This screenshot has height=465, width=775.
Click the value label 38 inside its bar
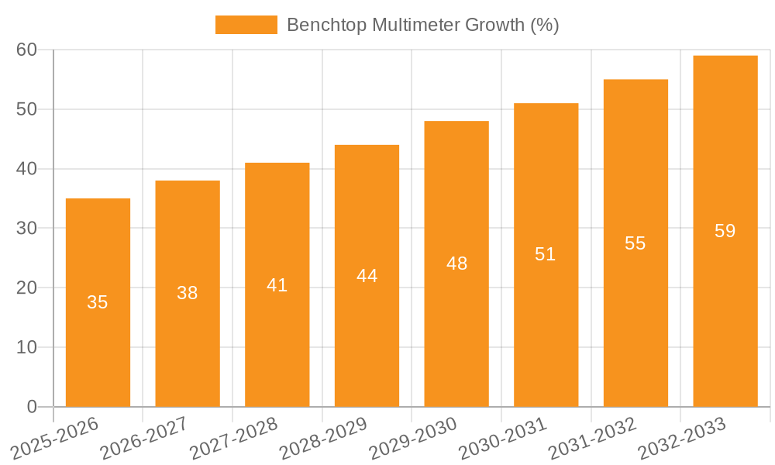click(x=188, y=293)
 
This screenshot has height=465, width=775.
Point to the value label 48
click(x=457, y=263)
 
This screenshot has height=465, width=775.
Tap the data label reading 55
click(x=635, y=243)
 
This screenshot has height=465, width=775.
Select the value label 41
click(x=277, y=285)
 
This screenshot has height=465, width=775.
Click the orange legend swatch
click(x=246, y=25)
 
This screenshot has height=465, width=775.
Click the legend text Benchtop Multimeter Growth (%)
click(x=423, y=25)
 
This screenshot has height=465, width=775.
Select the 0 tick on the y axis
click(x=32, y=406)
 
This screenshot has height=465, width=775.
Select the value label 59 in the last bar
click(x=725, y=231)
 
